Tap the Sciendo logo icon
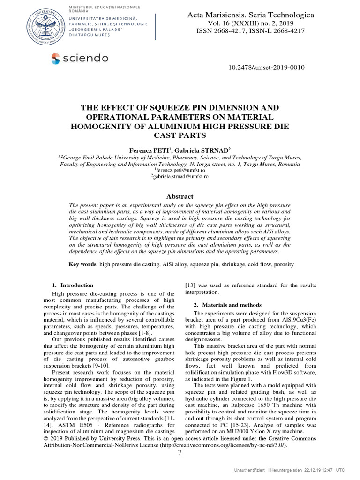click(x=56, y=58)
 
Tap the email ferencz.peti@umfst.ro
click(x=180, y=170)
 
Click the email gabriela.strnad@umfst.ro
click(x=180, y=176)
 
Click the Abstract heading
click(x=180, y=196)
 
